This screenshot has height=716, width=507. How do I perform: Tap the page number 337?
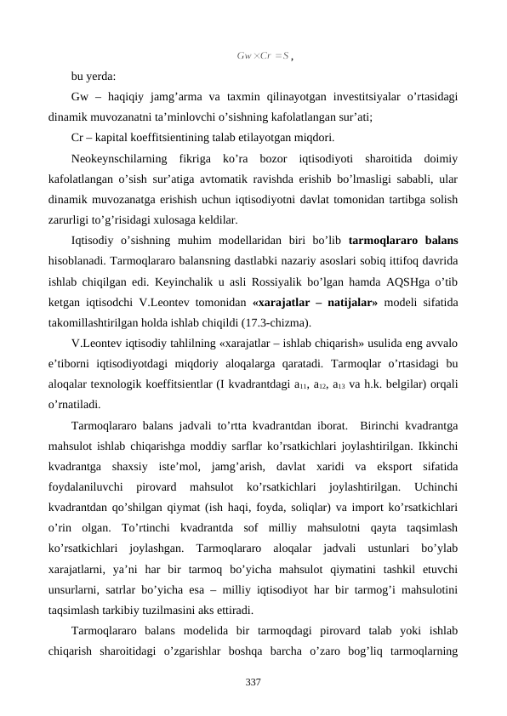tap(253, 682)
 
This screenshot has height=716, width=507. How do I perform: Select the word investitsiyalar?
tap(312, 99)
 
